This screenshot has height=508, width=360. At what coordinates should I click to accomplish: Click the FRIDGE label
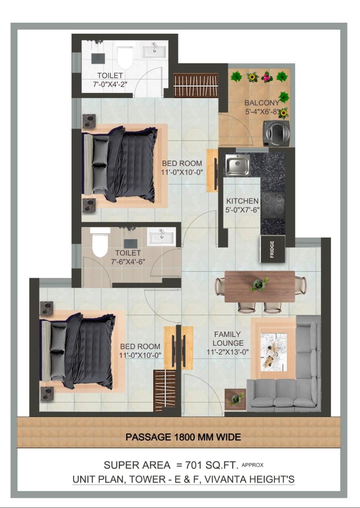tap(272, 249)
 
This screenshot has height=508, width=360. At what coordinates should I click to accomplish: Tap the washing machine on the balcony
tap(276, 134)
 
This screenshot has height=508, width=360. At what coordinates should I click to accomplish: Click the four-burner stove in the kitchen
tap(273, 206)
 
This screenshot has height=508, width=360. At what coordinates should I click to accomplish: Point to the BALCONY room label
tap(262, 103)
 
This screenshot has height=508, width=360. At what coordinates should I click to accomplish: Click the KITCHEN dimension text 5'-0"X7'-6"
tap(243, 210)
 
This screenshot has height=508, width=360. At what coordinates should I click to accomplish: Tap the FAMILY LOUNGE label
tap(228, 339)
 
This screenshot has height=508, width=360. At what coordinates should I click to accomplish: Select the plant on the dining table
tap(259, 284)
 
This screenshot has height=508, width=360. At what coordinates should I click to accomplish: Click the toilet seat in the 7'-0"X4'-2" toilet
tap(125, 58)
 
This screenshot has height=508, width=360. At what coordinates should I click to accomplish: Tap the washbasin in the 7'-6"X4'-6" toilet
tap(161, 237)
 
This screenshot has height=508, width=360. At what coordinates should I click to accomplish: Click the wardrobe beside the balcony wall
tap(196, 85)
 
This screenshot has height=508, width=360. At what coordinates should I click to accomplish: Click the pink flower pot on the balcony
tap(267, 77)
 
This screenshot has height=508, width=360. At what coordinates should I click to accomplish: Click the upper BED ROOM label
tap(182, 163)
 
